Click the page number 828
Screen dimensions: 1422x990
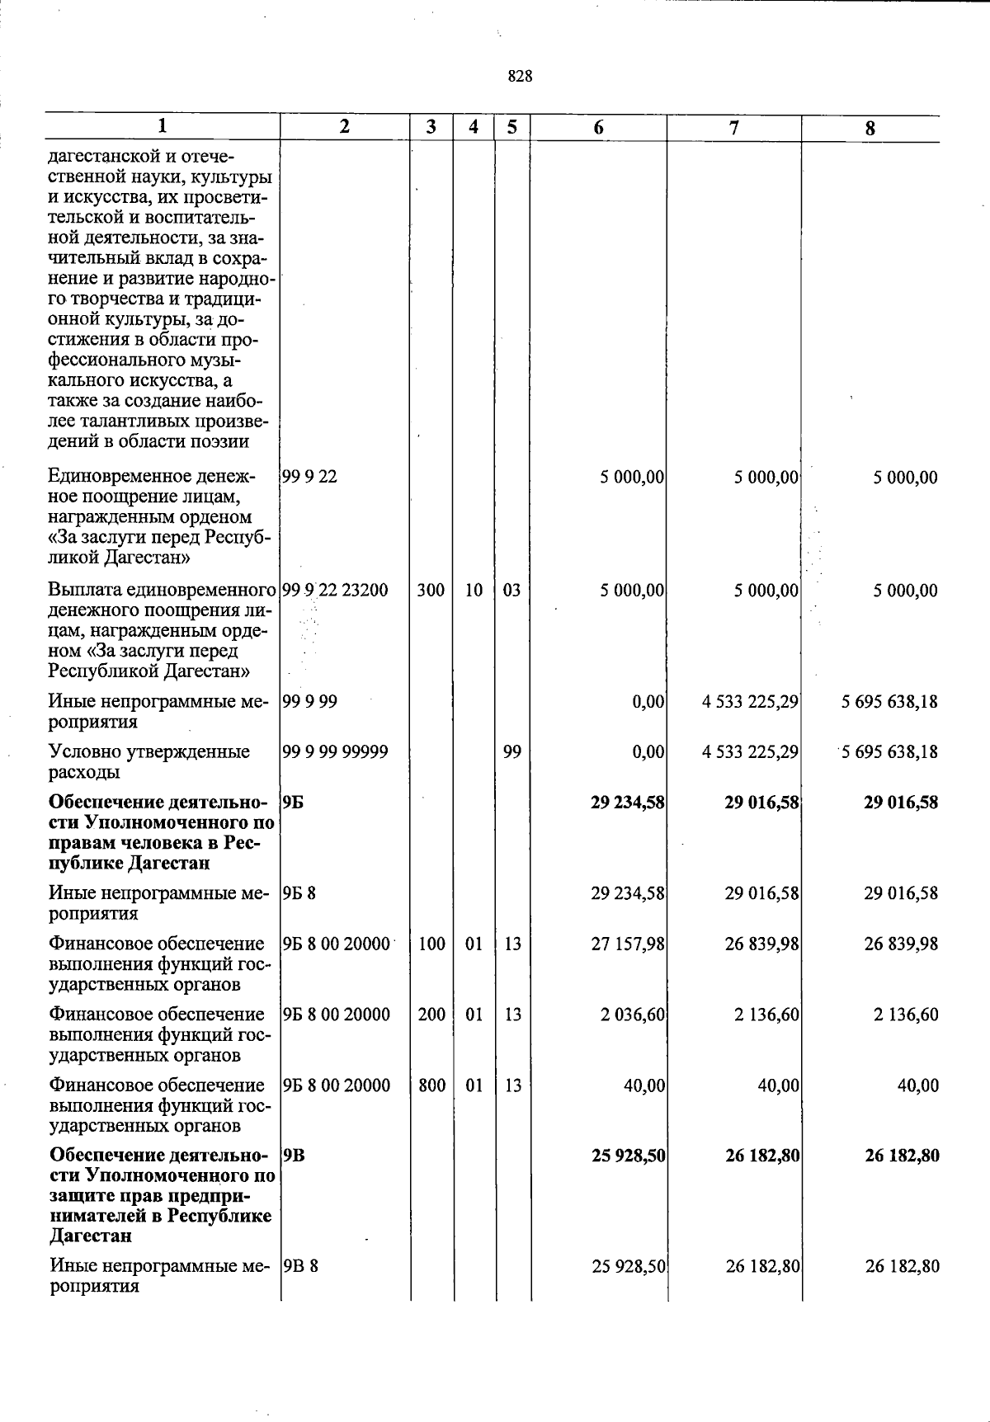click(x=520, y=77)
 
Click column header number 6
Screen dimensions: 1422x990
click(x=598, y=127)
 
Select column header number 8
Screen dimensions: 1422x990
click(x=870, y=128)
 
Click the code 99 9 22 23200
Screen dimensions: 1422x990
click(x=335, y=591)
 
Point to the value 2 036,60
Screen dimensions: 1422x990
click(x=633, y=1015)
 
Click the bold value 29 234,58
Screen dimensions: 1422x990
click(x=628, y=802)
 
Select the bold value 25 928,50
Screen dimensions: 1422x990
click(x=629, y=1156)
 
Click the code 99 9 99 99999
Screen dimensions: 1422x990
click(x=335, y=752)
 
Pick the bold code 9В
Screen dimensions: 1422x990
click(x=294, y=1156)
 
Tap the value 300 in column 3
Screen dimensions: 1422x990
click(x=431, y=591)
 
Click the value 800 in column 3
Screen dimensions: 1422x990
click(x=431, y=1085)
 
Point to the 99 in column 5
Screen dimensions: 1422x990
click(x=511, y=752)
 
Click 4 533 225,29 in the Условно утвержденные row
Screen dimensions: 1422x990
click(x=750, y=752)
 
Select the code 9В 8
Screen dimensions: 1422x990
click(x=300, y=1266)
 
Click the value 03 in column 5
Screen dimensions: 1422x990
click(x=511, y=591)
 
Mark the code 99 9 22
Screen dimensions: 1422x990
click(x=309, y=477)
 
